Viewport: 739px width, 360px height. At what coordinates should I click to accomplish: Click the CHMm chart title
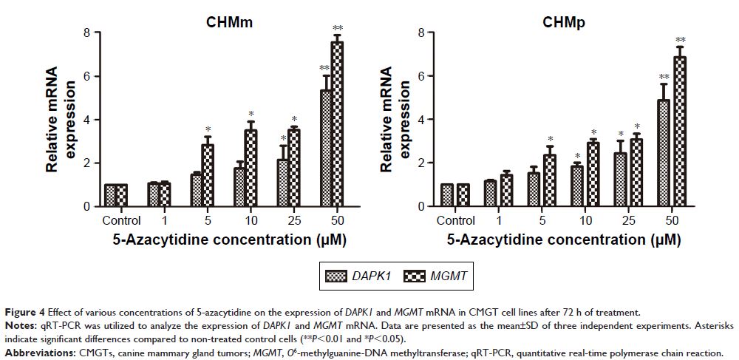coord(229,23)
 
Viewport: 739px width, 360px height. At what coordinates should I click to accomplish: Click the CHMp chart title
coord(565,23)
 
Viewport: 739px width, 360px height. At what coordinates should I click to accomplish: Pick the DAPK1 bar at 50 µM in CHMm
coord(325,148)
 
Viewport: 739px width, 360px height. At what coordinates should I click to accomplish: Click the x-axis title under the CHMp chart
coord(565,240)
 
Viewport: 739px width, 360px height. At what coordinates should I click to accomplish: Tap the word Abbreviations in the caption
coord(36,353)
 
